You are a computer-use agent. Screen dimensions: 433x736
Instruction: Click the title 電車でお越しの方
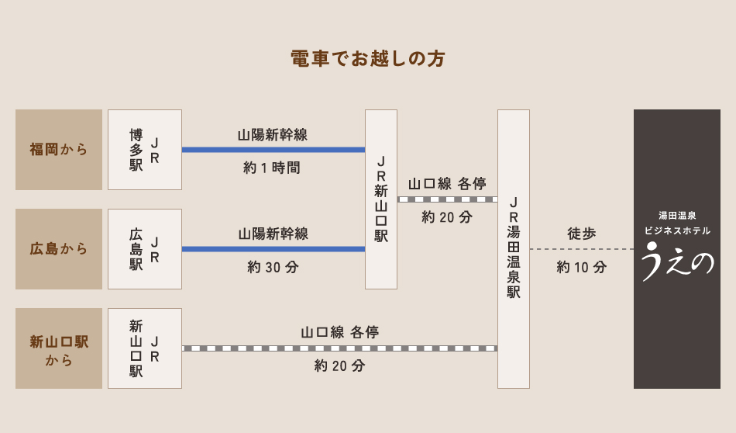pos(368,59)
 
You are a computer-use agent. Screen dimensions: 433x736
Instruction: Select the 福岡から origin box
pos(59,150)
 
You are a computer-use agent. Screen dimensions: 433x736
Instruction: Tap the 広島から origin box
pos(59,249)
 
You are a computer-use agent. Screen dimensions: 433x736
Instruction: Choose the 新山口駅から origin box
pos(59,348)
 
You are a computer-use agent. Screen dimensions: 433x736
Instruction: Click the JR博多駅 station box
pos(145,150)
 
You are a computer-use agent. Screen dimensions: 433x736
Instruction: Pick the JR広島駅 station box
pos(145,249)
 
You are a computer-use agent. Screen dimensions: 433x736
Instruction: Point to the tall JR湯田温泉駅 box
pos(514,248)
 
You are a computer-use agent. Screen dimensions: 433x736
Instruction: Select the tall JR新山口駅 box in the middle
pos(381,199)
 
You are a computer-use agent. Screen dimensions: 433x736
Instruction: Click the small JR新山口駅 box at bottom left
pos(145,348)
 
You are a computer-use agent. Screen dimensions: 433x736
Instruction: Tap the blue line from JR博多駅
pos(273,150)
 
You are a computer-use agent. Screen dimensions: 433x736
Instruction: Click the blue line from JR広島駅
pos(273,249)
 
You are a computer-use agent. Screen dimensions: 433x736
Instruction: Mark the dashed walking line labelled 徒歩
pos(581,249)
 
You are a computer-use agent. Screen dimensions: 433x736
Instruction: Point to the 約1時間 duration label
pos(272,168)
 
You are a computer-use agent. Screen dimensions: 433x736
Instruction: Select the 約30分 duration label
pos(273,267)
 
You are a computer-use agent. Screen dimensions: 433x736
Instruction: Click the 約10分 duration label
pos(581,267)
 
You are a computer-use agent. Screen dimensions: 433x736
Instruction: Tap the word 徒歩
pos(581,233)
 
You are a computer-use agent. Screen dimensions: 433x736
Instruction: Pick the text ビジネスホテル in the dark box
pos(677,230)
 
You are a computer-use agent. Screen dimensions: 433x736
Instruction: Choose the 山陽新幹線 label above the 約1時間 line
pos(273,134)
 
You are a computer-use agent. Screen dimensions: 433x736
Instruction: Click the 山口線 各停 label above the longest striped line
pos(339,332)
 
